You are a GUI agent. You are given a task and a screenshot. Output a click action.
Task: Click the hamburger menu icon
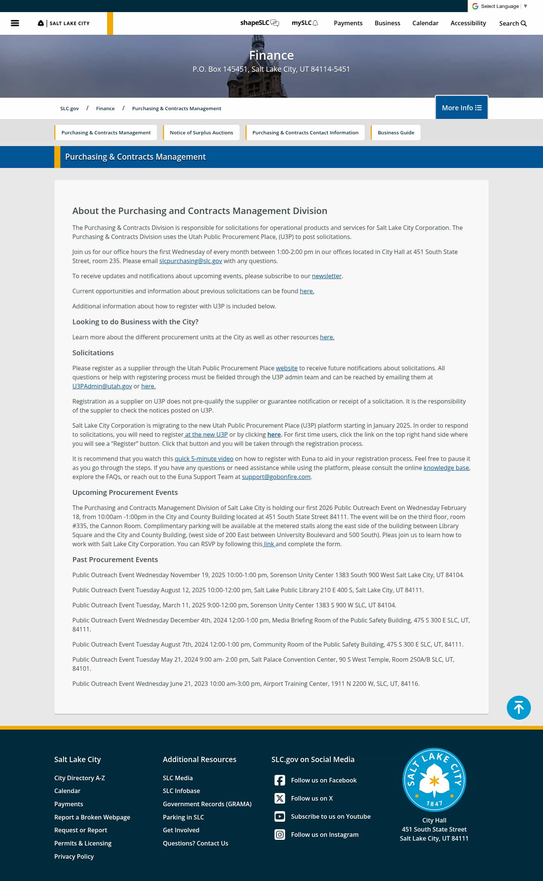point(15,23)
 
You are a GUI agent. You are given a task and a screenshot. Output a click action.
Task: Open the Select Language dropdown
point(499,6)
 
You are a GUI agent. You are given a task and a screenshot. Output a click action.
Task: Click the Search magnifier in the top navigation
point(523,23)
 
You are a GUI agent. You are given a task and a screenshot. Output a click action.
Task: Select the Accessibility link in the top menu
point(468,23)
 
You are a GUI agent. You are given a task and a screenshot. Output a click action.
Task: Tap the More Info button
point(462,108)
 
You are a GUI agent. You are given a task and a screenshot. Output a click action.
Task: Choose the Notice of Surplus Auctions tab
point(201,132)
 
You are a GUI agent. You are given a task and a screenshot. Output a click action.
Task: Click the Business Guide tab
point(396,132)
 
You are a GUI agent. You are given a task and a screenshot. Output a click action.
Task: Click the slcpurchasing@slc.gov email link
point(190,261)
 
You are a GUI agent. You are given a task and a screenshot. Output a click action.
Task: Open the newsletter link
point(327,276)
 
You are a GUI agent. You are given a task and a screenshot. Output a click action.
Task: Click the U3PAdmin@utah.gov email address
point(102,386)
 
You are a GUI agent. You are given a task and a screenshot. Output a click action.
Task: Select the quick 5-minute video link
point(204,459)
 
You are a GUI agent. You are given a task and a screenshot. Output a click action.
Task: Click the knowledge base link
point(446,468)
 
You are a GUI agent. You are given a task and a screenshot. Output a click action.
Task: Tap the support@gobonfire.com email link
point(276,477)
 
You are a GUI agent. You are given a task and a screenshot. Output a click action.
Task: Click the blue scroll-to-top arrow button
point(518,708)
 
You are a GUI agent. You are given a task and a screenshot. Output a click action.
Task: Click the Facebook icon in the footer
point(280,780)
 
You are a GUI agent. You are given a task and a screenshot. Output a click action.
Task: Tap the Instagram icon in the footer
point(280,835)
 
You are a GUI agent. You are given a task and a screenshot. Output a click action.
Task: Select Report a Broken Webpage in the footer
point(92,817)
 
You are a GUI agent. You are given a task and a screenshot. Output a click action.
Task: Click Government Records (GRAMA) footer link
point(207,804)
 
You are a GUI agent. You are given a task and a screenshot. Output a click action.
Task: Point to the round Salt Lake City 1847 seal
point(434,780)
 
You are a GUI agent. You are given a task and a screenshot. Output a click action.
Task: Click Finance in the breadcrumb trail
point(105,108)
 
